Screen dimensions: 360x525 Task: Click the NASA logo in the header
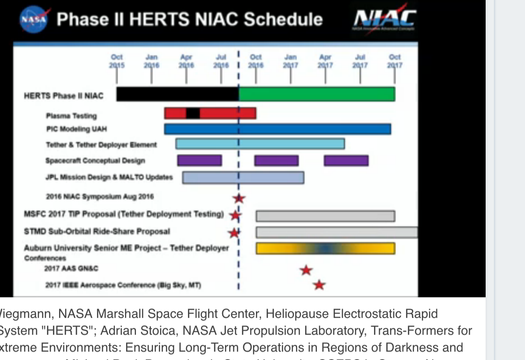point(33,19)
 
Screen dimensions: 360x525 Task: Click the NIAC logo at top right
point(384,19)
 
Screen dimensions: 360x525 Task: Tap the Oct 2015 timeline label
point(117,61)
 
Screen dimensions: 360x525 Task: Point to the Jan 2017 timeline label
point(290,61)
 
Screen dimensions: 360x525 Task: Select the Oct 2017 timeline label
point(395,61)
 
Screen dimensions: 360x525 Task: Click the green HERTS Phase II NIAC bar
point(317,94)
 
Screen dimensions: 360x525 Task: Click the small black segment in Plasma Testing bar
point(193,113)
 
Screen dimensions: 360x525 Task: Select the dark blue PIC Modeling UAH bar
point(277,129)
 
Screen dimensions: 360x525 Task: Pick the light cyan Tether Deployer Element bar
point(260,144)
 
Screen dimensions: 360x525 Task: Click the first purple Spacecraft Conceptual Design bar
point(199,160)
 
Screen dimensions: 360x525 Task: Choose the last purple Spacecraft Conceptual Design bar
point(346,160)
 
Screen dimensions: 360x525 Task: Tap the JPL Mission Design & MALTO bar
point(243,177)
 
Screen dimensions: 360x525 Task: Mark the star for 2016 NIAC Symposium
point(239,198)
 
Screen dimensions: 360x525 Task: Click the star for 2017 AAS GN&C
point(306,270)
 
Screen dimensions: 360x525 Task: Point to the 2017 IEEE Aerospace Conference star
point(319,285)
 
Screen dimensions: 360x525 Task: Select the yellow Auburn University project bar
point(325,248)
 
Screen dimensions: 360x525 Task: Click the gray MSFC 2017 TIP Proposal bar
point(325,216)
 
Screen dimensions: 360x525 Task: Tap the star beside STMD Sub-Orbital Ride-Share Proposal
point(233,232)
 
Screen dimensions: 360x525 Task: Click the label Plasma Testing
point(71,116)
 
